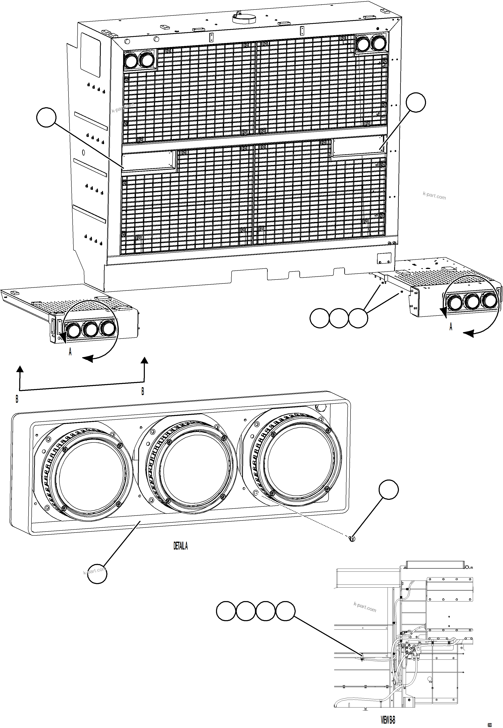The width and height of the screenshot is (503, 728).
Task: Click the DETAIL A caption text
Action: click(181, 546)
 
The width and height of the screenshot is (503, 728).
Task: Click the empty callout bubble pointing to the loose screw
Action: click(389, 489)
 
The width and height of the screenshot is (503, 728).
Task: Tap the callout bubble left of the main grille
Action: click(46, 117)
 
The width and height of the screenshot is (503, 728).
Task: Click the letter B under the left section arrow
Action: click(17, 399)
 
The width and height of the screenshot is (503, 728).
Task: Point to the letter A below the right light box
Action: click(451, 327)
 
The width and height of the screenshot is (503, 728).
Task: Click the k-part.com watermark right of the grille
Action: click(434, 196)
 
